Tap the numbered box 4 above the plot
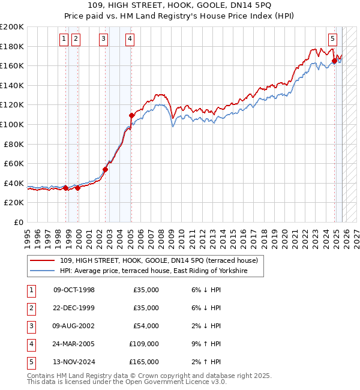(130, 40)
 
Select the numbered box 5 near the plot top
(332, 40)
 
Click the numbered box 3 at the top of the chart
(104, 40)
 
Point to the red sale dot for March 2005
(131, 115)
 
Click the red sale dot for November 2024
(334, 61)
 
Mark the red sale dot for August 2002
(106, 169)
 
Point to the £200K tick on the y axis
(13, 27)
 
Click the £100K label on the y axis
(13, 125)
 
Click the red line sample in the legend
(43, 260)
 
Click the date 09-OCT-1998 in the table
(74, 290)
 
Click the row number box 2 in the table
(31, 308)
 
